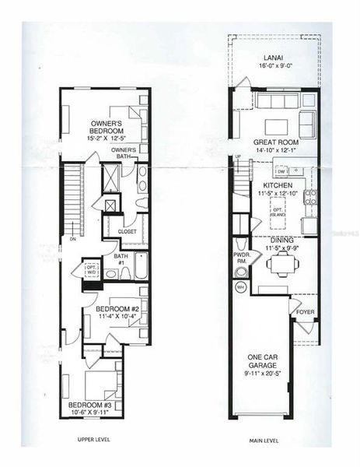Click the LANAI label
pos(272,57)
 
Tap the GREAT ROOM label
pos(272,142)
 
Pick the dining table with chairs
pos(280,265)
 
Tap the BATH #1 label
pos(121,258)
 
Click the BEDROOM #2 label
pos(117,310)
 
